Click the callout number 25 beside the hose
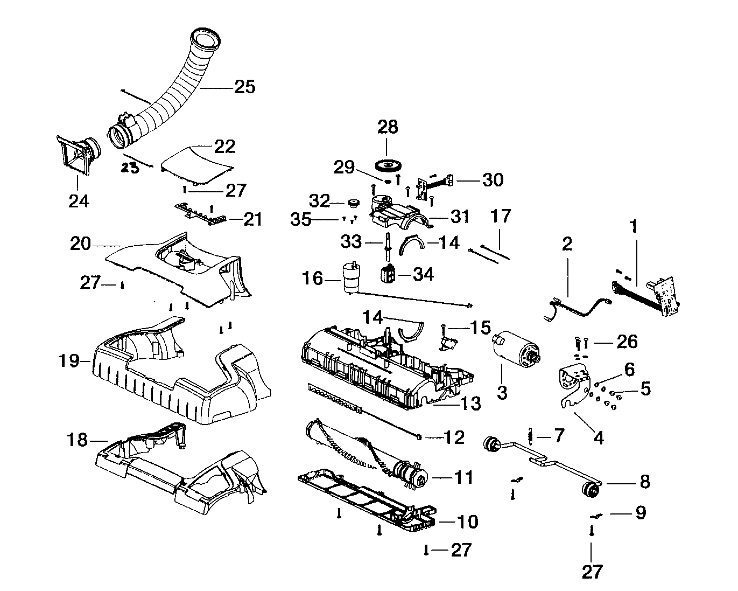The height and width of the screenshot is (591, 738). coord(244,87)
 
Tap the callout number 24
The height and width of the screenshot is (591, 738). coord(79,201)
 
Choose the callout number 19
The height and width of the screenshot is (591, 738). coord(69,360)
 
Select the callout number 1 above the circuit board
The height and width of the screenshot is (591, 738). coord(634,226)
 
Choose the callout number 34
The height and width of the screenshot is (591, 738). coord(423,274)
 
